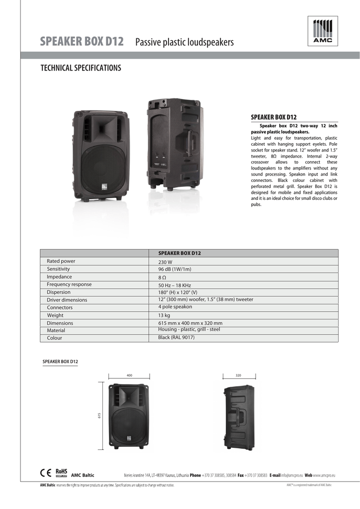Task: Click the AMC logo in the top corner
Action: (322, 31)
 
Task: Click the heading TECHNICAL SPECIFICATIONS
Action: (81, 68)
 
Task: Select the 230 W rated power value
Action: (165, 262)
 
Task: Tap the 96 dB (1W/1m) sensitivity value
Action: (175, 269)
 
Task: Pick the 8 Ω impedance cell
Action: (162, 277)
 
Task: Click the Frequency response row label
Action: (69, 285)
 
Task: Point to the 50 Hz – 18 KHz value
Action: (175, 285)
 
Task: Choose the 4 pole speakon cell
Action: (175, 307)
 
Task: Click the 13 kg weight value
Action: (164, 316)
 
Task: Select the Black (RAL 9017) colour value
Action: (176, 338)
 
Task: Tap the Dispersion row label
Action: (59, 292)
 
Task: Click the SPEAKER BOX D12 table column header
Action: (180, 254)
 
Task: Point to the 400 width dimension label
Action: (129, 375)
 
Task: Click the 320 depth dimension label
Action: (238, 375)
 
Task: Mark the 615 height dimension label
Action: (99, 416)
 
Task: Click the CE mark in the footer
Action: (46, 473)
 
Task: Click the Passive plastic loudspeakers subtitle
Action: (184, 43)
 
